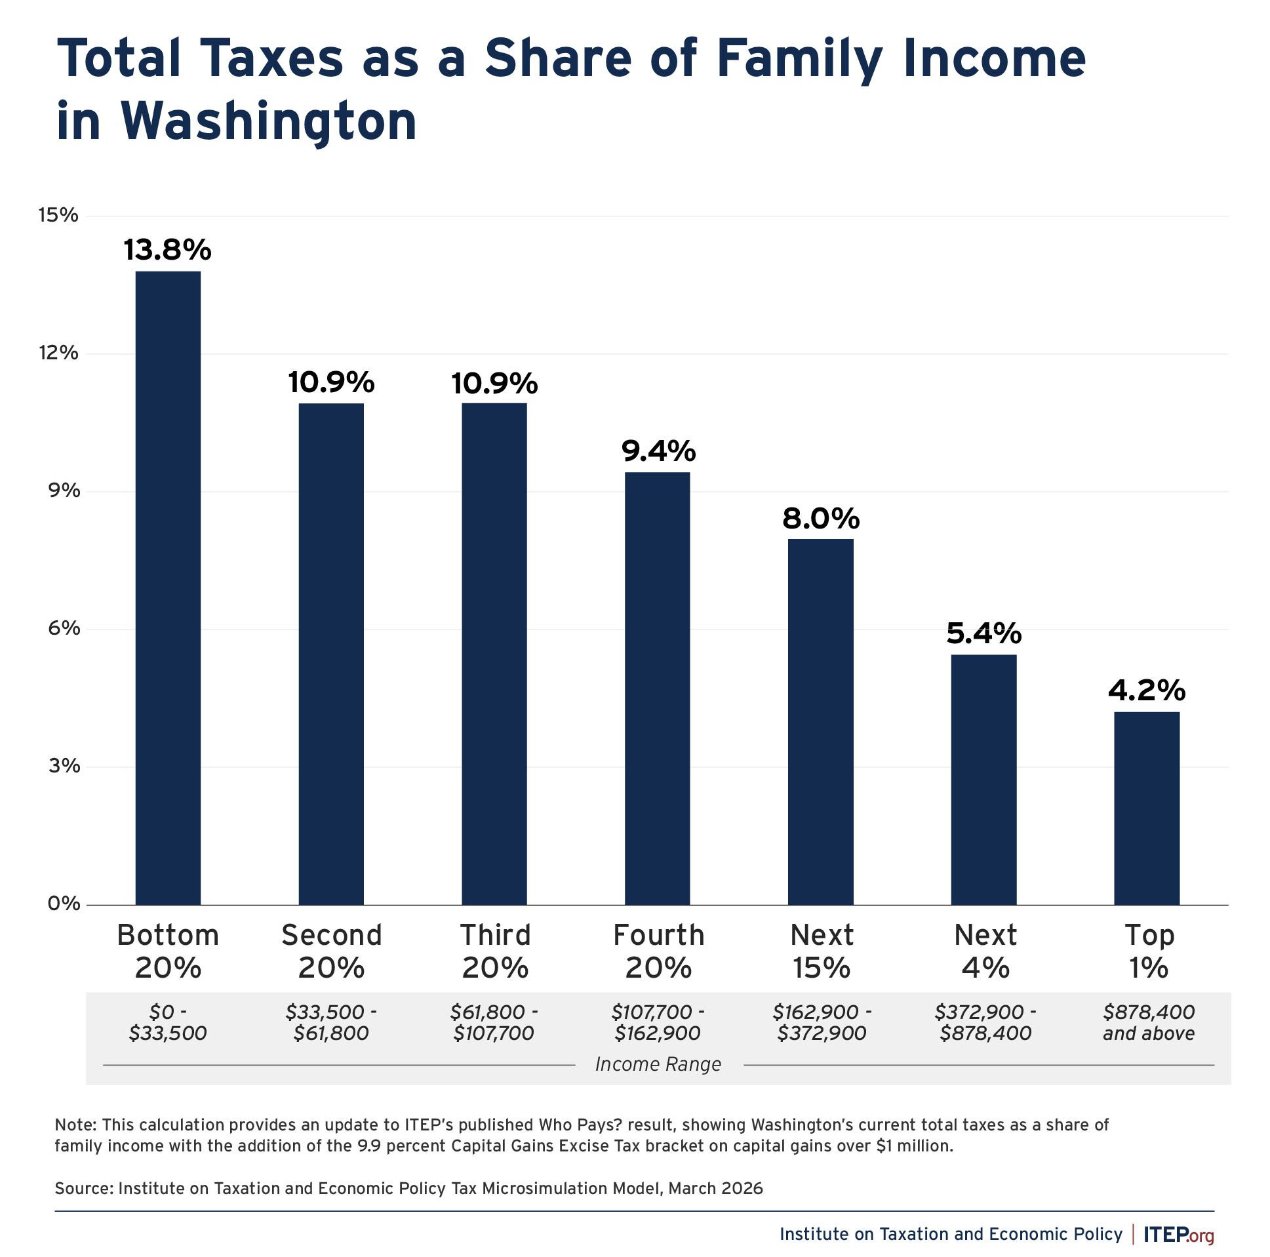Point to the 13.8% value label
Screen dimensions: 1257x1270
pyautogui.click(x=168, y=250)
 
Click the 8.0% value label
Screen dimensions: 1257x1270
pyautogui.click(x=820, y=519)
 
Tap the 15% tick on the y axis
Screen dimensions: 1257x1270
pyautogui.click(x=58, y=215)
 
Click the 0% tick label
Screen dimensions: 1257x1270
pyautogui.click(x=63, y=904)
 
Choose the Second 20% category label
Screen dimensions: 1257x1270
pyautogui.click(x=331, y=951)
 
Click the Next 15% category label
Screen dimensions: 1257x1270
pyautogui.click(x=821, y=951)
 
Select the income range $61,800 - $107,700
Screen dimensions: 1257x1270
pyautogui.click(x=494, y=1022)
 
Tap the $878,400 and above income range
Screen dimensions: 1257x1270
pyautogui.click(x=1149, y=1022)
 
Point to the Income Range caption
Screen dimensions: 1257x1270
pyautogui.click(x=658, y=1064)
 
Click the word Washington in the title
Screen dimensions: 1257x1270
pyautogui.click(x=268, y=121)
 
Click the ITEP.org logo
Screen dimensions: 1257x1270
pyautogui.click(x=1178, y=1235)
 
